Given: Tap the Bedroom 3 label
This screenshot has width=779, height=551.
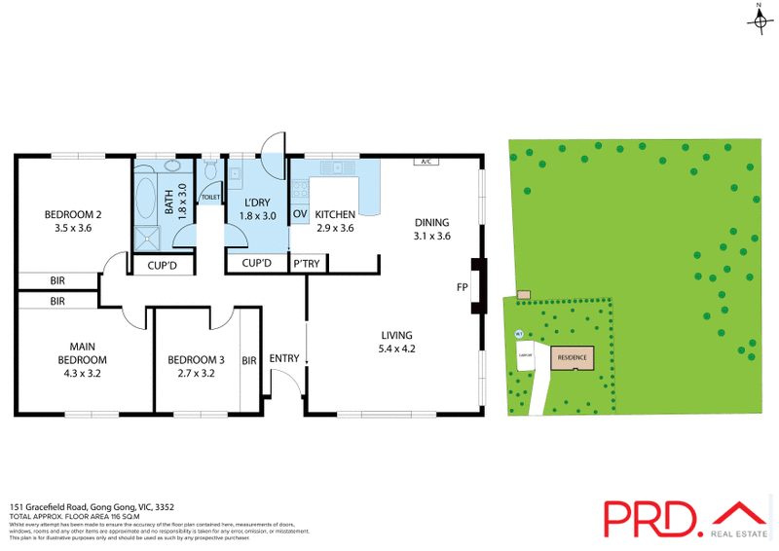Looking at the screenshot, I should [x=190, y=359].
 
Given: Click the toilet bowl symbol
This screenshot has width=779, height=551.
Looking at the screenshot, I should [x=210, y=173].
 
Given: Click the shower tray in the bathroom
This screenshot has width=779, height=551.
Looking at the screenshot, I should [x=147, y=234].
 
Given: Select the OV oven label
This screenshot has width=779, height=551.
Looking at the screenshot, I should [x=300, y=213].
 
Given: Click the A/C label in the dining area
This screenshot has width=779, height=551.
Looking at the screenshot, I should [x=424, y=162].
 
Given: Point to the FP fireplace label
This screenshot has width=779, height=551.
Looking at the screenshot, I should [x=462, y=287].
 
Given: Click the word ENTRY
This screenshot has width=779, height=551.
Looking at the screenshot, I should [x=284, y=359].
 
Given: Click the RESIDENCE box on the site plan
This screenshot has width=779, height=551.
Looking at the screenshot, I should [x=572, y=357].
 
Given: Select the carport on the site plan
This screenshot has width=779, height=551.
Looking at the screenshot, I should [x=523, y=356].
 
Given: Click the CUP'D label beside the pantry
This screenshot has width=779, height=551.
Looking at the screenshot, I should [x=256, y=264].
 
